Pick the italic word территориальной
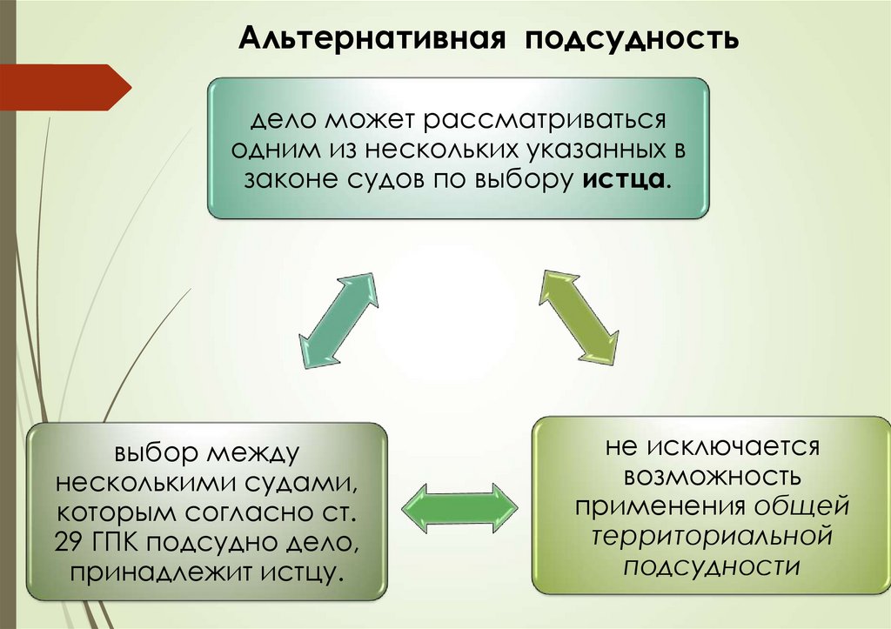(713, 536)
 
